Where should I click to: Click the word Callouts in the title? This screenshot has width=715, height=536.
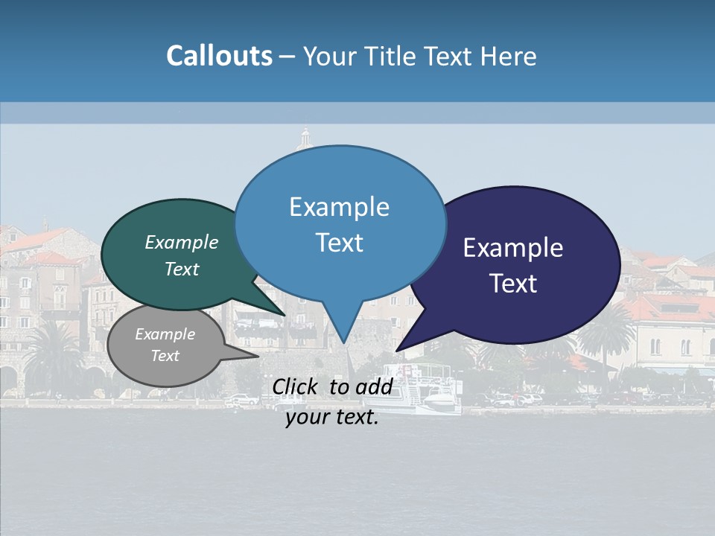(219, 56)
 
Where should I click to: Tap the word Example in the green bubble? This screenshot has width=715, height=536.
(182, 242)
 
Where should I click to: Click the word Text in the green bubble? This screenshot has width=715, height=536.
(182, 269)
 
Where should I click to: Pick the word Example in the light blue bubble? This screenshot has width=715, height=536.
(339, 206)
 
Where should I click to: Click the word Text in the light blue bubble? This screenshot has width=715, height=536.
(339, 243)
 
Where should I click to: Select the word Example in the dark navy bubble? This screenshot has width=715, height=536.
(513, 247)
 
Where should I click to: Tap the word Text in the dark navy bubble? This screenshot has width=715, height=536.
(513, 283)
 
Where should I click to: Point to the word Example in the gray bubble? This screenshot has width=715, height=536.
(165, 334)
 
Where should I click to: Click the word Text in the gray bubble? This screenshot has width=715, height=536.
(165, 356)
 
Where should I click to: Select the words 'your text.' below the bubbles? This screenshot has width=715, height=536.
(332, 417)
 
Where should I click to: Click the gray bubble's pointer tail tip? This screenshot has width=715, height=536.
(258, 356)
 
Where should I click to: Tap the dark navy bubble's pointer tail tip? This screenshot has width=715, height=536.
(397, 350)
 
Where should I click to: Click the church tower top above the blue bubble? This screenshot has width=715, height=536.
(305, 134)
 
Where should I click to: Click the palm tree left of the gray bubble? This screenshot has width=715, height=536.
(52, 357)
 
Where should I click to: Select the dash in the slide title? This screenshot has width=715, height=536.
(287, 57)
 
